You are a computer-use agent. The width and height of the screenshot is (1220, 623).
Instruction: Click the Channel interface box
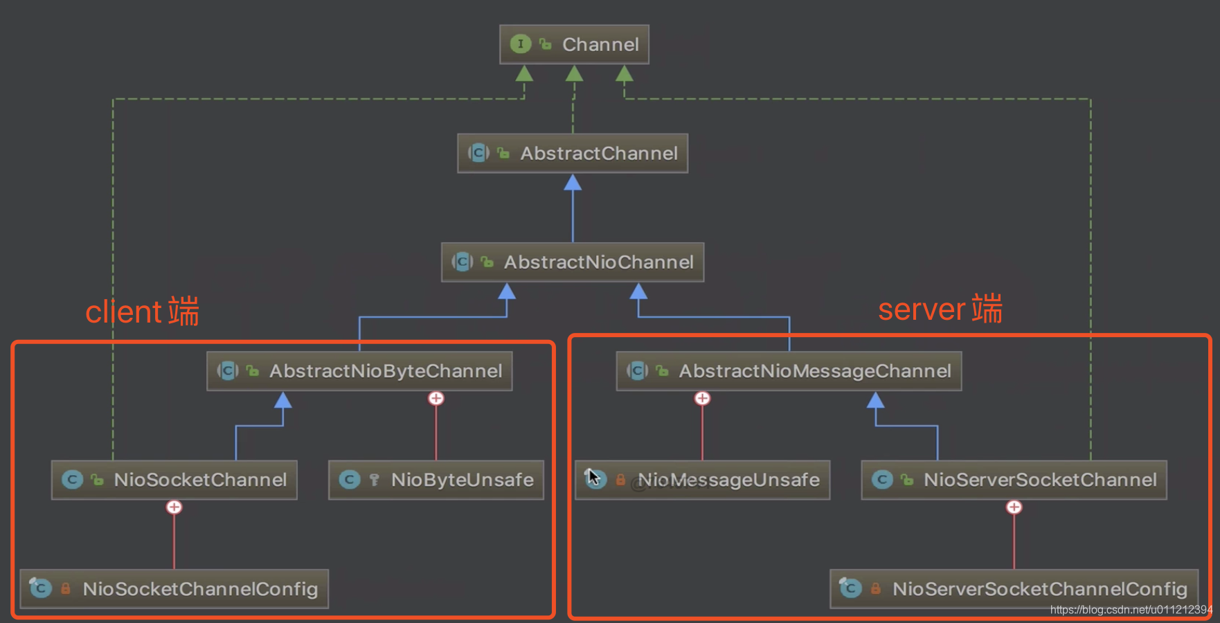[x=574, y=44]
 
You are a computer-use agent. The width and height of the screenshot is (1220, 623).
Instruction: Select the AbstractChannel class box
[x=573, y=153]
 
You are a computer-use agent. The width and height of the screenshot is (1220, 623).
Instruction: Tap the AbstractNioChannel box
[x=573, y=262]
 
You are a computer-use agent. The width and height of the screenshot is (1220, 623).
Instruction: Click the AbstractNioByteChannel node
[x=359, y=371]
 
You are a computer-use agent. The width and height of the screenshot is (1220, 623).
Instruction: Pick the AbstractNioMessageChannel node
[x=789, y=371]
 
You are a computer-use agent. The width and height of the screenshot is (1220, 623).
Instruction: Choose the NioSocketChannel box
[x=174, y=480]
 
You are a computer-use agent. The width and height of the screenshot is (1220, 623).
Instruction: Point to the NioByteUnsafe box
[x=436, y=480]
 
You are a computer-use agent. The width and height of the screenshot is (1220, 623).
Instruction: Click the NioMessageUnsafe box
[x=703, y=480]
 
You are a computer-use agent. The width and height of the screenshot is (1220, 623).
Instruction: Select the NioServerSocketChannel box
[x=1014, y=480]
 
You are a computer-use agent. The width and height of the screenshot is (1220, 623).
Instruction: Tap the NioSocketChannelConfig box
[x=174, y=588]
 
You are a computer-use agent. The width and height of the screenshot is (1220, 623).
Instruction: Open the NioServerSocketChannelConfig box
[x=1014, y=588]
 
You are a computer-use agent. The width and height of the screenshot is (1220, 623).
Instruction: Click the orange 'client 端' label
[x=142, y=311]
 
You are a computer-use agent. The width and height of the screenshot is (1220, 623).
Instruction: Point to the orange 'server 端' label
[x=940, y=309]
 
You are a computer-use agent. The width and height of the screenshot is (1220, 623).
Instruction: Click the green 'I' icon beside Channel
[x=521, y=44]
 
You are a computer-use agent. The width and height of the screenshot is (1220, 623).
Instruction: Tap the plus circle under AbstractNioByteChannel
[x=436, y=399]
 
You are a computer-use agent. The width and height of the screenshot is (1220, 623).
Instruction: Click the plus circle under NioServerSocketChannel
[x=1014, y=507]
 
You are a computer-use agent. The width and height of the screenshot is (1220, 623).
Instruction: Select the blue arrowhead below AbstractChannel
[x=573, y=182]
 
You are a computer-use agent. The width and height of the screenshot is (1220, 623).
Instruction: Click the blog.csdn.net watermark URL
[x=1131, y=610]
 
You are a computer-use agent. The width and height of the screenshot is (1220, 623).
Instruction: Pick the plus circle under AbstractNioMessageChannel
[x=703, y=399]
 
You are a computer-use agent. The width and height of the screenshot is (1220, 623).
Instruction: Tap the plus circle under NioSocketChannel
[x=174, y=507]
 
